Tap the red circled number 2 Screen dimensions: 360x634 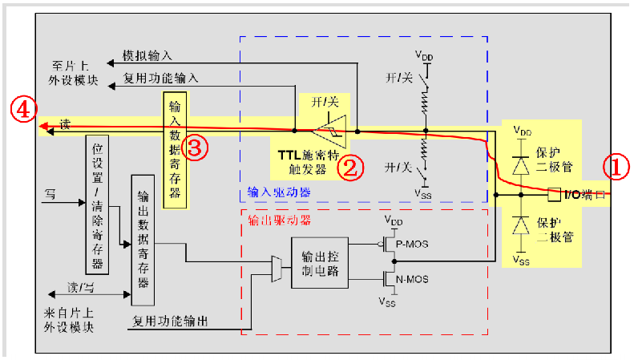click(x=351, y=166)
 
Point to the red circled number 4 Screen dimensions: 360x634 click(x=22, y=111)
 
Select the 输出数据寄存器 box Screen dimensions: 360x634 click(x=143, y=239)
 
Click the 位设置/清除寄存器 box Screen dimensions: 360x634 click(x=97, y=204)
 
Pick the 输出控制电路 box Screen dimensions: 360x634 click(x=320, y=263)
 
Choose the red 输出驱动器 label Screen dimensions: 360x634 click(x=280, y=218)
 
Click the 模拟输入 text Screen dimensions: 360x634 click(x=147, y=57)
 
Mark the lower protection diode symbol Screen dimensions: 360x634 click(x=522, y=224)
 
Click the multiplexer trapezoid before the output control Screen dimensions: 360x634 click(x=277, y=270)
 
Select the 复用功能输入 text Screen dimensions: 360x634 click(x=161, y=79)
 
